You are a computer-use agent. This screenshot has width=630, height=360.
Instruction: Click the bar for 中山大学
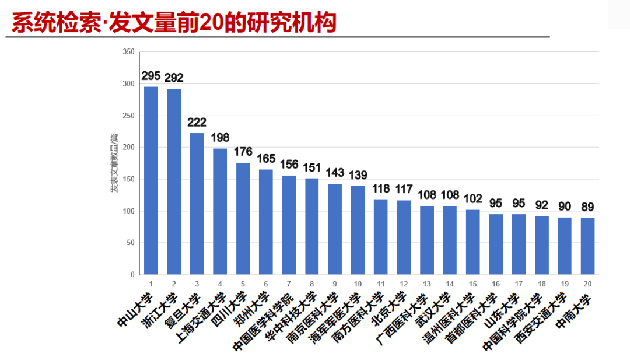pyautogui.click(x=151, y=180)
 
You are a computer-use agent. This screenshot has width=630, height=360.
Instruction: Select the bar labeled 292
pyautogui.click(x=174, y=181)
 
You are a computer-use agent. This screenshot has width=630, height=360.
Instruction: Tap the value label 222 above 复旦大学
pyautogui.click(x=197, y=122)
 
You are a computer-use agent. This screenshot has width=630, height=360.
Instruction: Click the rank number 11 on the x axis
pyautogui.click(x=380, y=284)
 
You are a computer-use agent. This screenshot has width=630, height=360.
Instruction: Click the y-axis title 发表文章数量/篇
pyautogui.click(x=114, y=163)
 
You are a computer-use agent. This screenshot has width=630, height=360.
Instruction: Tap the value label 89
pyautogui.click(x=587, y=207)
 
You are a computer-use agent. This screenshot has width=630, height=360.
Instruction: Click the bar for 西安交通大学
pyautogui.click(x=564, y=246)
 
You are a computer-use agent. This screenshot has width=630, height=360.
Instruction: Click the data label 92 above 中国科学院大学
pyautogui.click(x=541, y=205)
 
